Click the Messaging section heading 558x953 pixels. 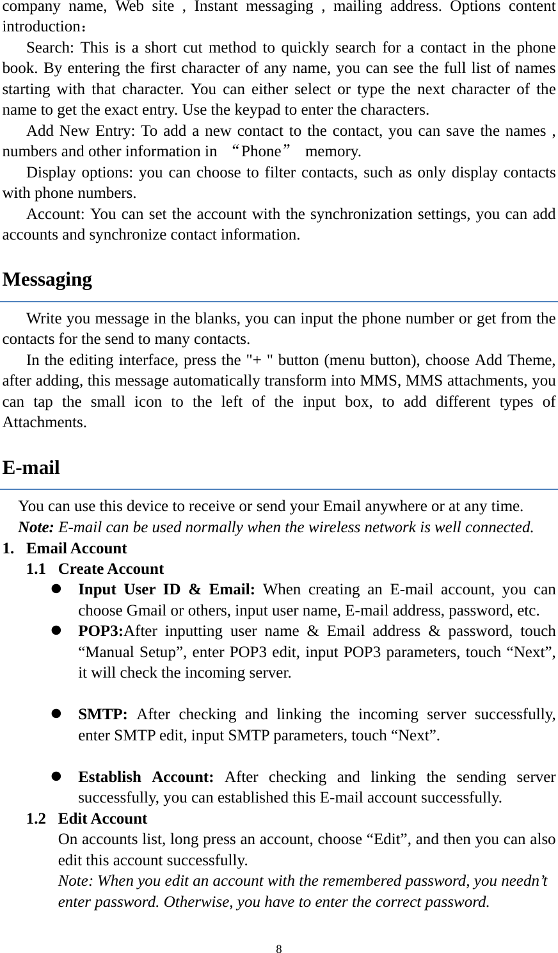47,281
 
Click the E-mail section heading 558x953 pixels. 31,468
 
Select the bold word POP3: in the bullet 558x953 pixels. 100,631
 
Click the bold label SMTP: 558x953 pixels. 102,715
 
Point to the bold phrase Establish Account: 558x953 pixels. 145,778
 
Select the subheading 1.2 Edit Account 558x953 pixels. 86,819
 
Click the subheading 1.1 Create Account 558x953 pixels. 95,569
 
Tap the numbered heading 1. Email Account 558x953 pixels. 65,549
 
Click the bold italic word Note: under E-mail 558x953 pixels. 36,528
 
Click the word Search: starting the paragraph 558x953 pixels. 52,48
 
